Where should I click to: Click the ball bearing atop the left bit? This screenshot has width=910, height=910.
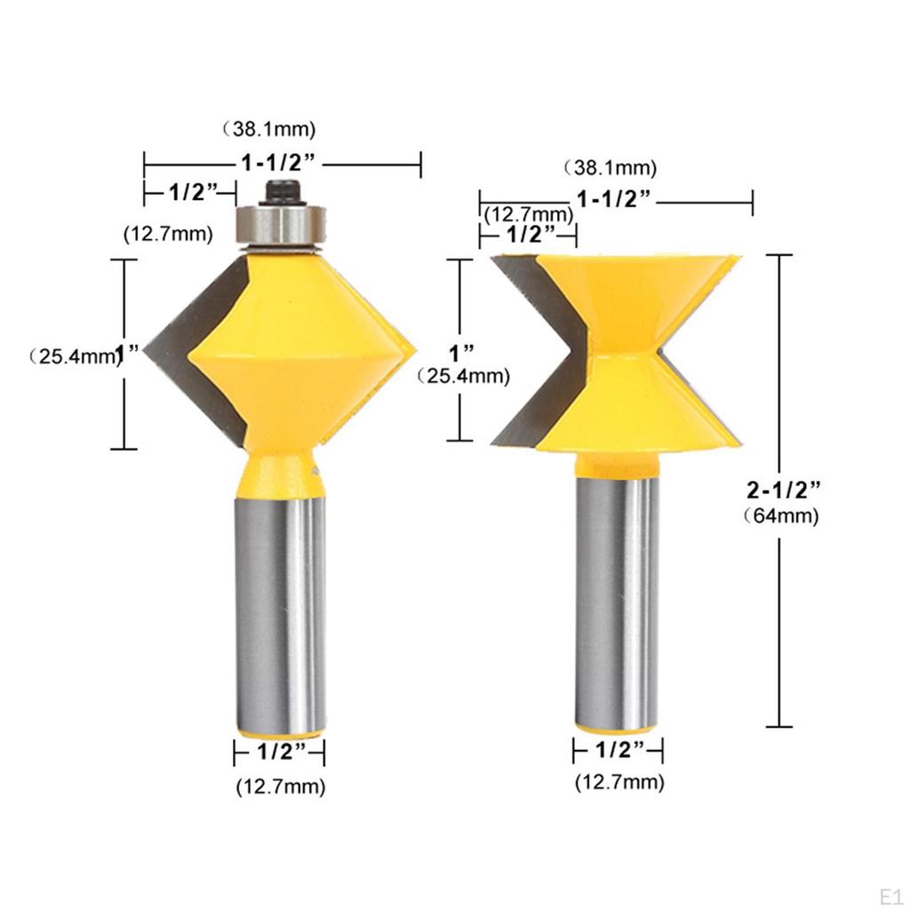coord(280,223)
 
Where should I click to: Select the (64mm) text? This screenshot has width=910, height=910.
coord(781,516)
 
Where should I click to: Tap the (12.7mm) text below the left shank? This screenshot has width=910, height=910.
coord(280,786)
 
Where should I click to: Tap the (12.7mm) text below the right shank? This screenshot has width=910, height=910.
coord(619,783)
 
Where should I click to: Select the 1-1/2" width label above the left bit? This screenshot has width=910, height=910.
coord(280,163)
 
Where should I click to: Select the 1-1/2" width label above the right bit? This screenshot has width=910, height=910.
coord(616,199)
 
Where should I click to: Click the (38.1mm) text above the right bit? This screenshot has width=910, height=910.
coord(609,167)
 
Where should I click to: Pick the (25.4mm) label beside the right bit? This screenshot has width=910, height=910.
coord(464,376)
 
